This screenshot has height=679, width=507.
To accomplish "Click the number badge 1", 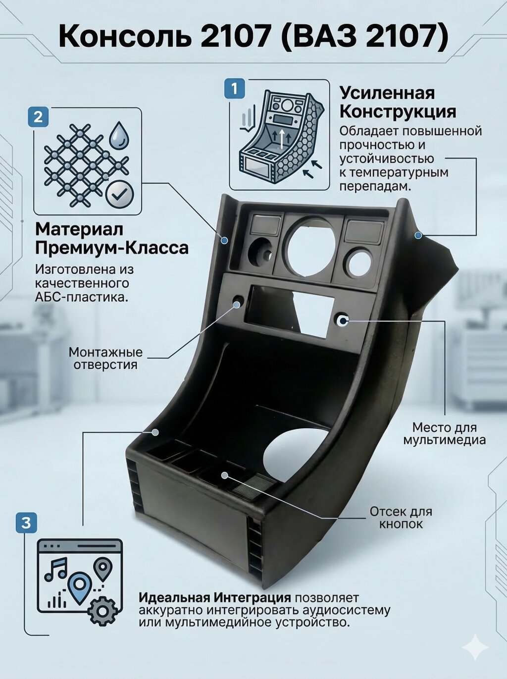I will pos(235,89).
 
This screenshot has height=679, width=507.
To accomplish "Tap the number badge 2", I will pos(38,117).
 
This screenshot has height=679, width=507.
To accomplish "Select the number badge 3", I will pos(26,522).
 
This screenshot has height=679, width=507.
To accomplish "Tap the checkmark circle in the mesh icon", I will pos(119,195).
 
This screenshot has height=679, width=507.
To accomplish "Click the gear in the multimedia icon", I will pos(102,611).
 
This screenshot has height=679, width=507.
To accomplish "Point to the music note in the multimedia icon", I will pos(56,569).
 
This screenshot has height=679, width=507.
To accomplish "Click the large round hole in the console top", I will pos(308,247).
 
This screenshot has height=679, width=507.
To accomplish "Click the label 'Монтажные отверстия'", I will pos(105,359).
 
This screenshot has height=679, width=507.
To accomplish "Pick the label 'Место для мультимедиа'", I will pos(444,434).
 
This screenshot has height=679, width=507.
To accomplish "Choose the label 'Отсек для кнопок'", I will pos(401,518).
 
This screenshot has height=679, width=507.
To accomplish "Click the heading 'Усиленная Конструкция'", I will pos(398,102).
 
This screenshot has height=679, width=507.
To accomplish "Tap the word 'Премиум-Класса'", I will pos(112,248).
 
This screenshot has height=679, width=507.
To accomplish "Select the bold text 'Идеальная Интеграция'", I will pos(214,598).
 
